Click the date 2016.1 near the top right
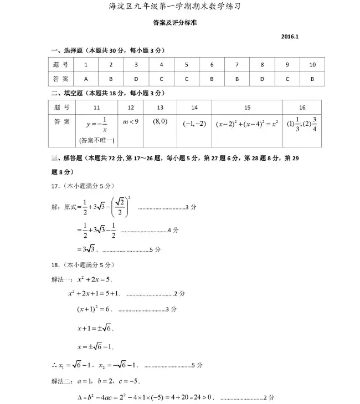(290, 37)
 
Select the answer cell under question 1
(86, 79)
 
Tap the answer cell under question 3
(136, 79)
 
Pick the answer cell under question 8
(262, 79)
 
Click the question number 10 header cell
(312, 65)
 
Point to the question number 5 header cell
(187, 65)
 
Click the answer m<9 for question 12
(131, 121)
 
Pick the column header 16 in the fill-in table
(302, 108)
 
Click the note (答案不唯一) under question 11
(96, 140)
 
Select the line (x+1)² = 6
(95, 309)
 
